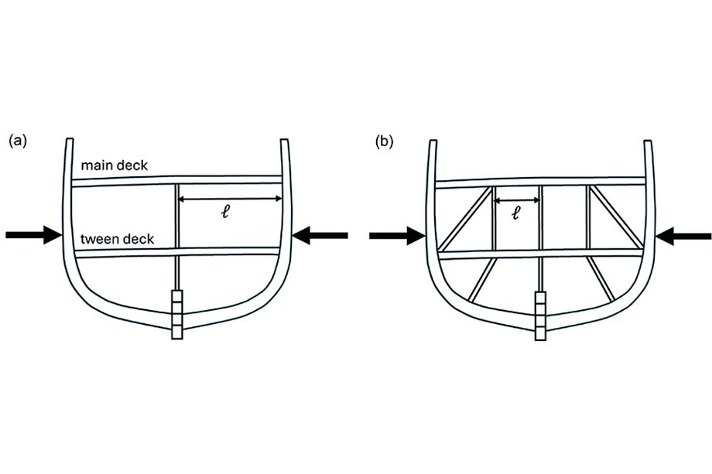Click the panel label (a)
(18, 141)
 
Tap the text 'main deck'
(115, 165)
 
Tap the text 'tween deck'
(117, 239)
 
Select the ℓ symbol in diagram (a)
(225, 212)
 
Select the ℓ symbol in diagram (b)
(515, 213)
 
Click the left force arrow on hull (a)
(33, 234)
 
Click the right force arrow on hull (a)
(320, 235)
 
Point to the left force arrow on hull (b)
(397, 236)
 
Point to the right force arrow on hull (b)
(683, 236)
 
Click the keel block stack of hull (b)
(540, 315)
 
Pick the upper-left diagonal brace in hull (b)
(466, 219)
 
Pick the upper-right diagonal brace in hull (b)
(616, 217)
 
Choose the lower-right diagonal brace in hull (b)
(601, 278)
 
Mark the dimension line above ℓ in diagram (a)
(230, 199)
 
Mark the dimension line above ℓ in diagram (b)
(516, 200)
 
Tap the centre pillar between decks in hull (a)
(177, 217)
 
